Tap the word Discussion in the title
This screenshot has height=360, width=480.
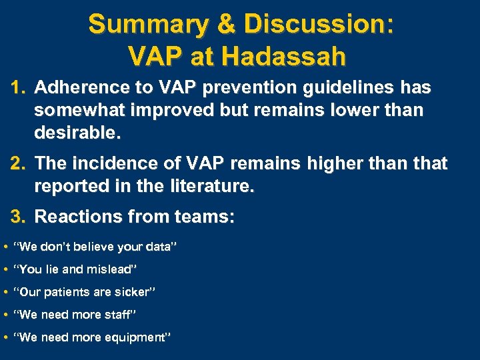[x=319, y=25]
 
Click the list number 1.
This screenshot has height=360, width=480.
[x=18, y=87]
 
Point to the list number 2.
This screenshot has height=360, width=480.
[x=18, y=163]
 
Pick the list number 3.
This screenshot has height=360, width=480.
[x=18, y=216]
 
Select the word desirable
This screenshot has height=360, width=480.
[x=77, y=133]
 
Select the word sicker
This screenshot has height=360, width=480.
[x=136, y=292]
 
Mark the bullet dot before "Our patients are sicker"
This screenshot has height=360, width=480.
[x=5, y=293]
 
